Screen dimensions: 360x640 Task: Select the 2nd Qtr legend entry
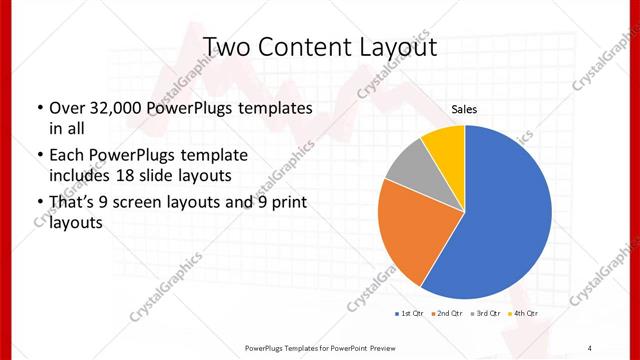(449, 314)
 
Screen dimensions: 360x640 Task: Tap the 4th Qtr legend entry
(524, 314)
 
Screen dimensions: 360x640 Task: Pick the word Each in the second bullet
(65, 156)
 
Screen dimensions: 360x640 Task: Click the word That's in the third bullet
(73, 203)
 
